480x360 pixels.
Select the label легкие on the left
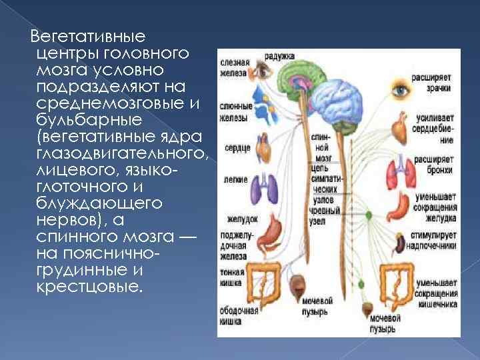(235, 180)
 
